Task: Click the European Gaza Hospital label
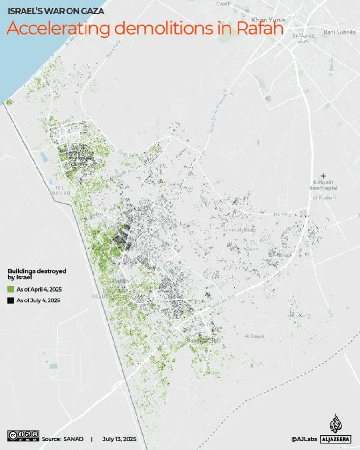pyautogui.click(x=323, y=184)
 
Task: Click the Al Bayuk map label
pyautogui.click(x=255, y=336)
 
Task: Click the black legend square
pyautogui.click(x=11, y=300)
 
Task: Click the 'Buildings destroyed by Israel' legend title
pyautogui.click(x=36, y=274)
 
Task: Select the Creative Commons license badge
pyautogui.click(x=23, y=435)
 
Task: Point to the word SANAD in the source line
pyautogui.click(x=73, y=439)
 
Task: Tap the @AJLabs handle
pyautogui.click(x=303, y=439)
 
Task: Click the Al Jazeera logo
pyautogui.click(x=336, y=429)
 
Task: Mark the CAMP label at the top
pyautogui.click(x=224, y=4)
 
